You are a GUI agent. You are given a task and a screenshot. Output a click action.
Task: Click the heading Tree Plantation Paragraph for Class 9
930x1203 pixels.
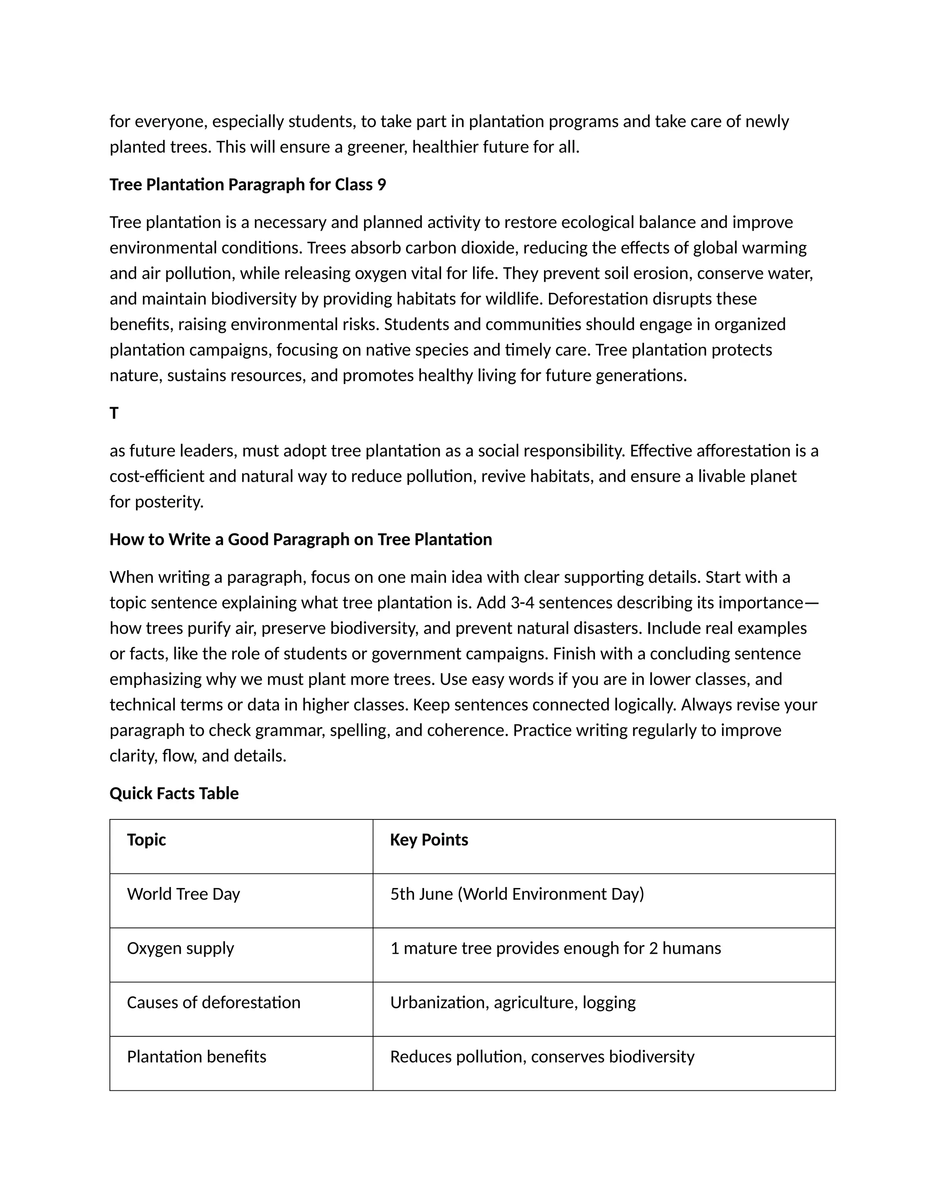click(247, 184)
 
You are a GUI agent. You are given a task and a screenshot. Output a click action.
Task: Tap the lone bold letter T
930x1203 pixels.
click(114, 413)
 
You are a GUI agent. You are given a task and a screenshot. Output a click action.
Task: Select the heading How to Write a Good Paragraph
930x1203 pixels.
click(300, 539)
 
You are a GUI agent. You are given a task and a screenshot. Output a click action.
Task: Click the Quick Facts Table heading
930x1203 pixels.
click(174, 793)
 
